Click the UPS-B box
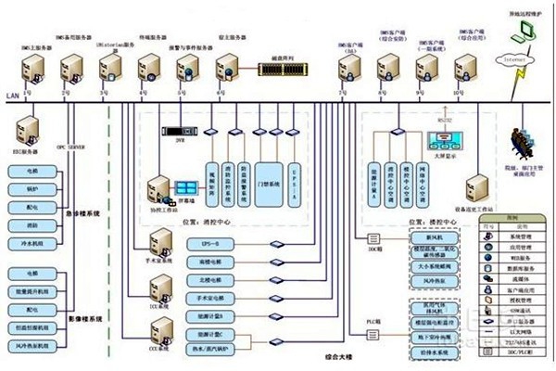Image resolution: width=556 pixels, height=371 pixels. (211, 242)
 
